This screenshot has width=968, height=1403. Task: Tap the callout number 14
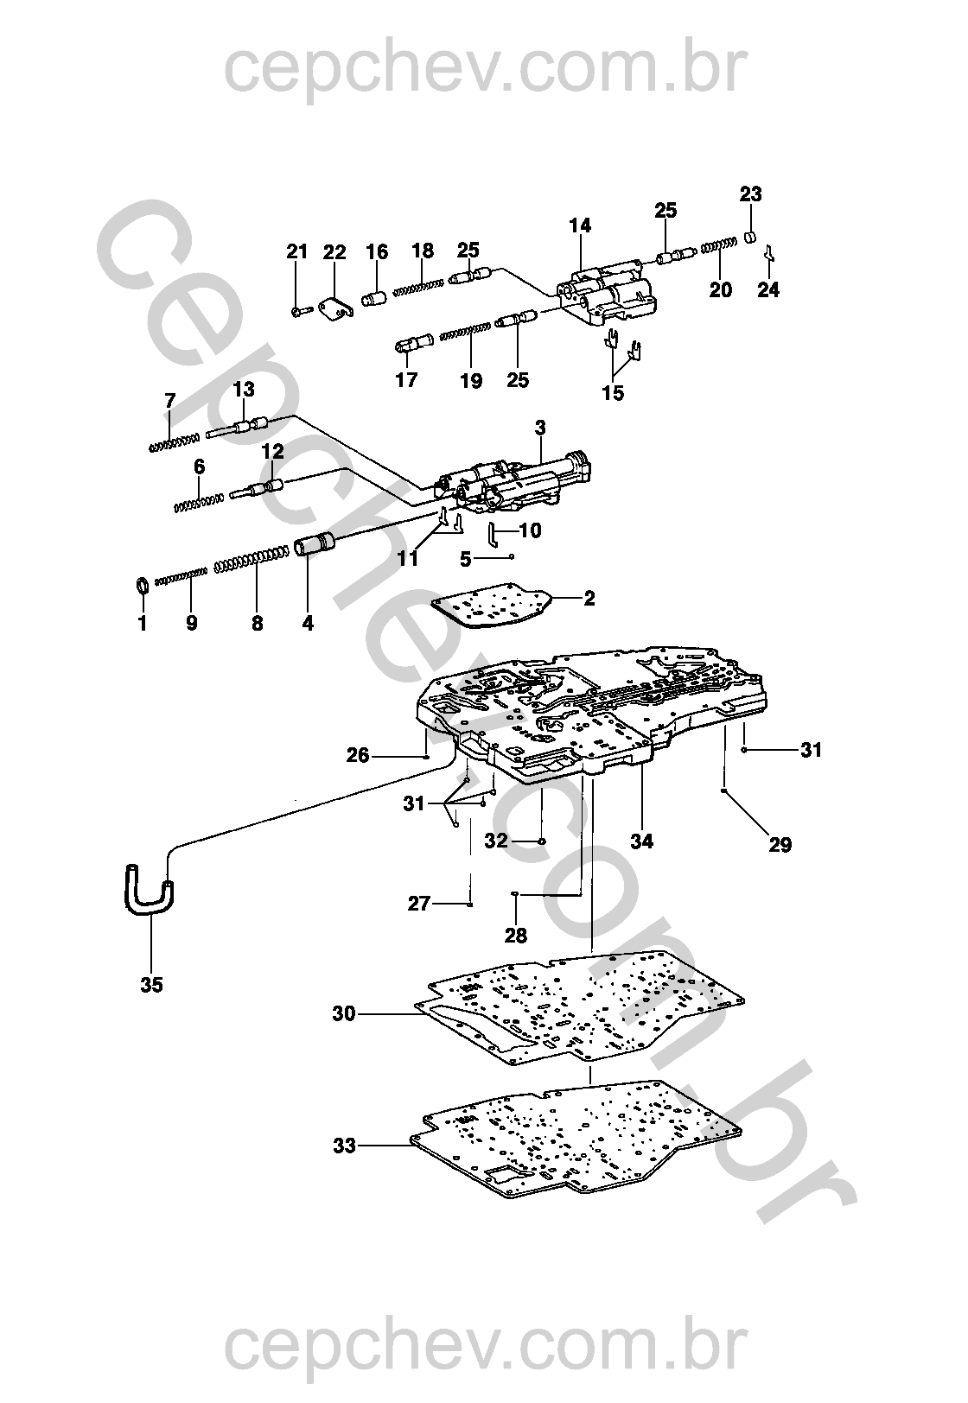(x=580, y=225)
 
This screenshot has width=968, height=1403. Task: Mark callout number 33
(x=344, y=1146)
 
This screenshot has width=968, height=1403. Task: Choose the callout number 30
(x=344, y=1013)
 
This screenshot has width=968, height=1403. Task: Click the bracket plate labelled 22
(x=337, y=309)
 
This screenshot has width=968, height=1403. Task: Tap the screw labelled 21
(x=297, y=308)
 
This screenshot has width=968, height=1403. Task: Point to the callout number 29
(x=780, y=844)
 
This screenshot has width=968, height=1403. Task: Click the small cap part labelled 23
(x=751, y=238)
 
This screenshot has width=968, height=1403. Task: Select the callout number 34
(x=641, y=840)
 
